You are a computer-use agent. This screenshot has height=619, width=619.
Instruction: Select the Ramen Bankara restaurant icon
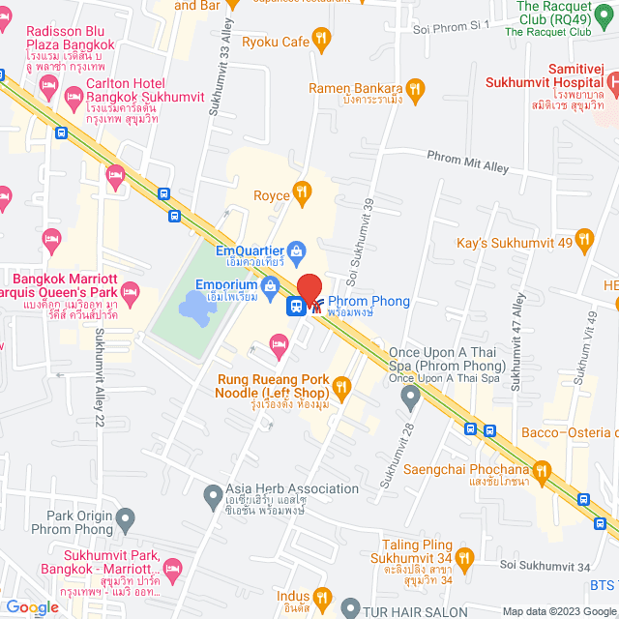tap(416, 90)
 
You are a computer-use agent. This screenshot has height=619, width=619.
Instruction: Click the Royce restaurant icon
tap(303, 194)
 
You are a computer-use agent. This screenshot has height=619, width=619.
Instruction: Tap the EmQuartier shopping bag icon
tap(297, 251)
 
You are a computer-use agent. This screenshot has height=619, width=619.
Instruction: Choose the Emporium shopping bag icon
tap(271, 285)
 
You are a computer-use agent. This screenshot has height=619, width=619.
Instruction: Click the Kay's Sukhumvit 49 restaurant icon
tap(583, 238)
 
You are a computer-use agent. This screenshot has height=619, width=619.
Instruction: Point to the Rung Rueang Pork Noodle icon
tap(340, 389)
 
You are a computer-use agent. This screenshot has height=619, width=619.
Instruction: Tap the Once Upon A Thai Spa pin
tap(411, 396)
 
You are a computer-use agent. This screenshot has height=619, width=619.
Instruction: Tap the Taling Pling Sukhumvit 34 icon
tap(465, 557)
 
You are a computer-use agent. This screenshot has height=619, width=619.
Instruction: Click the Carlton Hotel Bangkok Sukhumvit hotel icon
tap(74, 94)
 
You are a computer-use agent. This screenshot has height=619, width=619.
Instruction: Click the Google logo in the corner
tap(32, 606)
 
